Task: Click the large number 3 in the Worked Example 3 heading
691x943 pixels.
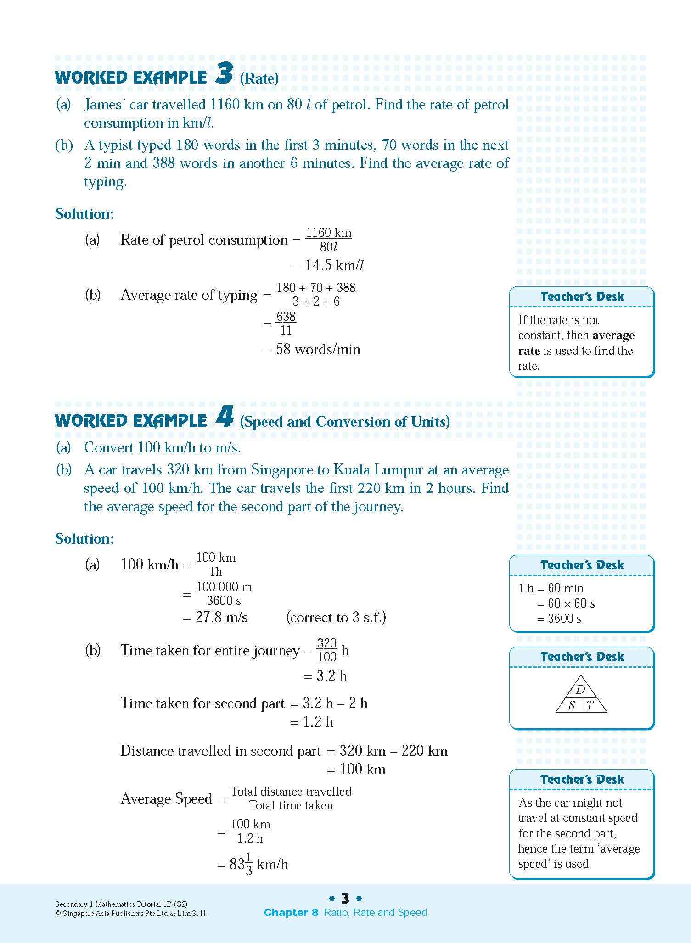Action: [x=224, y=74]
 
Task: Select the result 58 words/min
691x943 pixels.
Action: [x=318, y=350]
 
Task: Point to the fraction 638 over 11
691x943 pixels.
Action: [x=286, y=324]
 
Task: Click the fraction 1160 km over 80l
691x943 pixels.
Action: [x=329, y=240]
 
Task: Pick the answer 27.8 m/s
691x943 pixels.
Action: [x=221, y=618]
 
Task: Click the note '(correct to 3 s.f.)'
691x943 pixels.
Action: [x=336, y=618]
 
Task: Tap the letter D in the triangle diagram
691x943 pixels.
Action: [x=580, y=690]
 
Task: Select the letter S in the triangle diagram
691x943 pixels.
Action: [x=571, y=705]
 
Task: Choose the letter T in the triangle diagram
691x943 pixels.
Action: [x=590, y=705]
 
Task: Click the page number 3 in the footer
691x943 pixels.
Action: [x=345, y=898]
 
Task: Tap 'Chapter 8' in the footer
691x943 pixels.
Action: [x=291, y=912]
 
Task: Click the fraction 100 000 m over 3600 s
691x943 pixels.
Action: [x=224, y=594]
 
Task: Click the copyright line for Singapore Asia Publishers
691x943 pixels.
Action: [x=131, y=913]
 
